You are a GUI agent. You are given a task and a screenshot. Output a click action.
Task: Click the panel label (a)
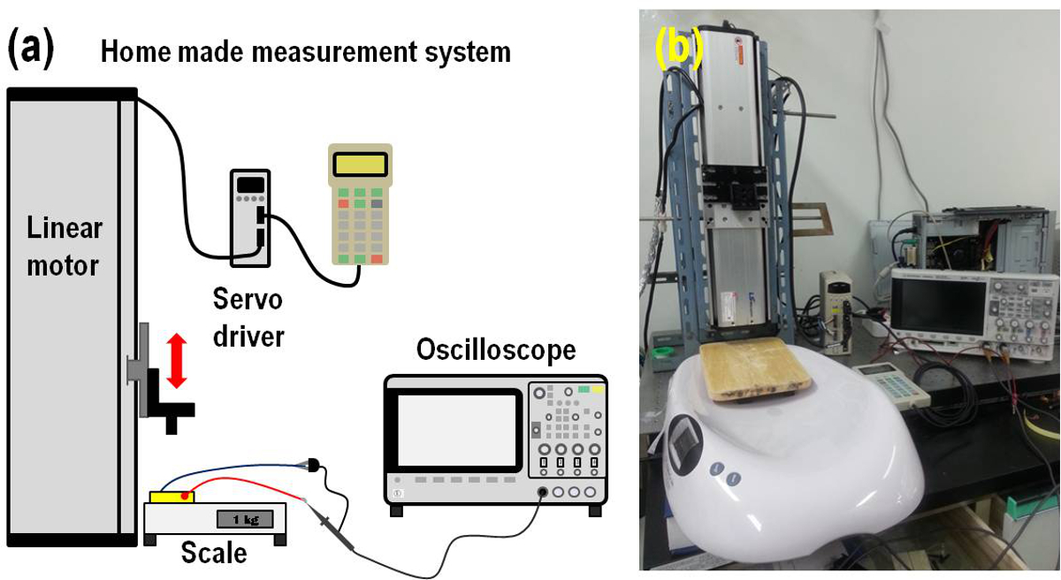point(30,49)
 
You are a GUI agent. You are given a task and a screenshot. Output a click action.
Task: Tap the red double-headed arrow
point(178,360)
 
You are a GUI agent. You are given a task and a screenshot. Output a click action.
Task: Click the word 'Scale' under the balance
point(213,553)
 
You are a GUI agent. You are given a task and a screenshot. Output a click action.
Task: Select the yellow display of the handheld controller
point(361,164)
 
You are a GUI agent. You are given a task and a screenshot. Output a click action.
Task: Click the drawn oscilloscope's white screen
point(456,430)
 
